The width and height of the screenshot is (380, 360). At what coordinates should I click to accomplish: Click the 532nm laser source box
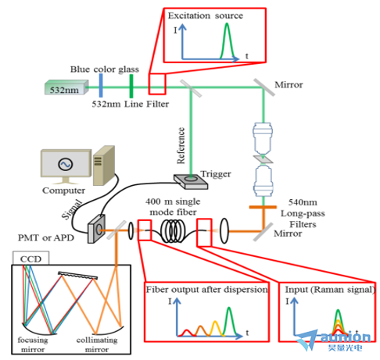[x=66, y=87]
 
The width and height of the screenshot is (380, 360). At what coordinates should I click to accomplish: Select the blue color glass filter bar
[x=101, y=85]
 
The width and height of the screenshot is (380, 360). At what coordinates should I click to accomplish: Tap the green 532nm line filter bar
[x=131, y=86]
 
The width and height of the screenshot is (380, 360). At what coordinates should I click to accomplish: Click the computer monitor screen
[x=66, y=164]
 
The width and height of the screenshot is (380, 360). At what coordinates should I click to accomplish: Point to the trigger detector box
[x=191, y=181]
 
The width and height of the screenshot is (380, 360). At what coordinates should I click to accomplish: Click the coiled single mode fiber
[x=174, y=230]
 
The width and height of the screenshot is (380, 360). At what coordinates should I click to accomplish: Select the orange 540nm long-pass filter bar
[x=263, y=207]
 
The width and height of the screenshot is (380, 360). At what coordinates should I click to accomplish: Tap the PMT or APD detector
[x=96, y=229]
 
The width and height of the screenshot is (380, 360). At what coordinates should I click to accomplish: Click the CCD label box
[x=30, y=258]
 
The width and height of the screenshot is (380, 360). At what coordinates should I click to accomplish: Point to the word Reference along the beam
[x=181, y=145]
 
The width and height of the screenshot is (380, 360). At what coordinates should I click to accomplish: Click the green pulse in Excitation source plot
[x=227, y=41]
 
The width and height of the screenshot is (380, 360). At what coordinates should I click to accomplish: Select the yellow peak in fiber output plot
[x=216, y=328]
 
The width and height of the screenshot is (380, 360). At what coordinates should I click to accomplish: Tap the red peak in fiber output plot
[x=187, y=333]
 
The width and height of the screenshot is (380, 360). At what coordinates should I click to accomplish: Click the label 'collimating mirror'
[x=97, y=344]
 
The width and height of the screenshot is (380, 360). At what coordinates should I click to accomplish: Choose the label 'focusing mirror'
[x=33, y=344]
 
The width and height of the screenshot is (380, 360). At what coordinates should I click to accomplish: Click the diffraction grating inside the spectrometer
[x=77, y=276]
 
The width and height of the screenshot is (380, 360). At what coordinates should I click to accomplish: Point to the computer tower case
[x=104, y=166]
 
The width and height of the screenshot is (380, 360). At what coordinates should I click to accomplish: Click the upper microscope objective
[x=263, y=138]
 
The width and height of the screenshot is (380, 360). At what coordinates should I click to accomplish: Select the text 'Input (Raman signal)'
[x=330, y=290]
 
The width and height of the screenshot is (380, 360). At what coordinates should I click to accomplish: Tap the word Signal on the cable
[x=72, y=209]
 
